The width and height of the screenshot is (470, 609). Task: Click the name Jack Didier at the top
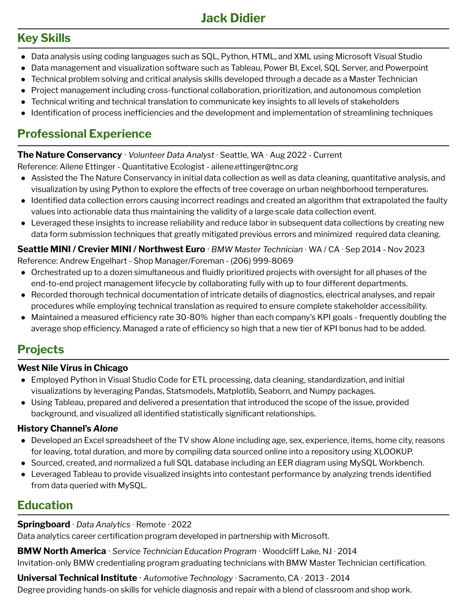(233, 18)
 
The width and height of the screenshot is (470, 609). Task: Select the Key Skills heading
(44, 38)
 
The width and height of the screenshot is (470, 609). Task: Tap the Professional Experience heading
(84, 134)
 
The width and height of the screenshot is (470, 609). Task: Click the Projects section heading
(41, 349)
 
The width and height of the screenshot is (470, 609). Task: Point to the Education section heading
(45, 505)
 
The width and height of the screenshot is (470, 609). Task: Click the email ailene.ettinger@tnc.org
(254, 166)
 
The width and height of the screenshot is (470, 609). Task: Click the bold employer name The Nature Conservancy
(70, 155)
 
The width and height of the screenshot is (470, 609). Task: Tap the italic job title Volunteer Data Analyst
(171, 155)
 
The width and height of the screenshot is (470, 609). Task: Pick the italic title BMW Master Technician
(257, 249)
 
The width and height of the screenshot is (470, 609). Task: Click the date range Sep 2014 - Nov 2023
(385, 249)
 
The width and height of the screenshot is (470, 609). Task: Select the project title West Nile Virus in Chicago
(73, 368)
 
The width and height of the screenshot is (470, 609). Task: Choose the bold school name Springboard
(44, 524)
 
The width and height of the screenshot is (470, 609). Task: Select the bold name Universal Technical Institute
(77, 578)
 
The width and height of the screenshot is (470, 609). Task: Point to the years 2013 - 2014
(327, 578)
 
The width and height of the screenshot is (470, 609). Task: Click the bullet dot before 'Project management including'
(24, 90)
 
